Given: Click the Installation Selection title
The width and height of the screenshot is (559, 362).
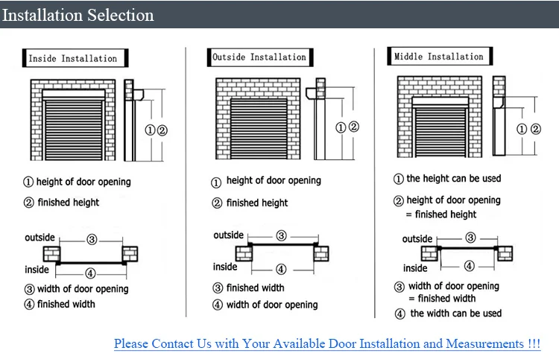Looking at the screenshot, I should [x=78, y=15].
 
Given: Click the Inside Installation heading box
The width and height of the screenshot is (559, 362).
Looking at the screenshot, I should [x=73, y=58].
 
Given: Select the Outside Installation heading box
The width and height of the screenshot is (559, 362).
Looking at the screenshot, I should [x=259, y=57].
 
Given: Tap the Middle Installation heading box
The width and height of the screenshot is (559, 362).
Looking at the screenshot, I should [x=439, y=57].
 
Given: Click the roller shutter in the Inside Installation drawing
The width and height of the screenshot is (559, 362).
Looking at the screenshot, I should [x=72, y=126].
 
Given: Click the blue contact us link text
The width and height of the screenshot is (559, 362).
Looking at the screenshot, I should [x=327, y=343].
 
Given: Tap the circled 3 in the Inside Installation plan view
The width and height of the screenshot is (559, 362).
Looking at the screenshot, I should [x=92, y=239].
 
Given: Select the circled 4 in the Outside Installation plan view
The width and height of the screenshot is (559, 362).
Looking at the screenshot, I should [x=281, y=269].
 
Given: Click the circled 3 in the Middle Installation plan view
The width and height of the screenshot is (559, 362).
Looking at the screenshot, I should [x=470, y=238].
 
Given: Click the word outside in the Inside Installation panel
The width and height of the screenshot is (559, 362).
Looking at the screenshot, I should [x=40, y=238].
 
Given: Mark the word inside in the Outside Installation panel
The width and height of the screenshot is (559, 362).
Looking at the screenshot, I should [x=225, y=267].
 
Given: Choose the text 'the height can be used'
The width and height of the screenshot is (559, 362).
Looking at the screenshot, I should [x=454, y=179].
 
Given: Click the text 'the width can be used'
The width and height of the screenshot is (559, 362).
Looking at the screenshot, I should [x=455, y=314].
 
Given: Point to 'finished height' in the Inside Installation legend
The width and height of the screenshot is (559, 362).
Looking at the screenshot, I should [x=68, y=202].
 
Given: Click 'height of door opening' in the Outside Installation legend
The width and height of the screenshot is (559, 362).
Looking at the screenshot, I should [x=273, y=181].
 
